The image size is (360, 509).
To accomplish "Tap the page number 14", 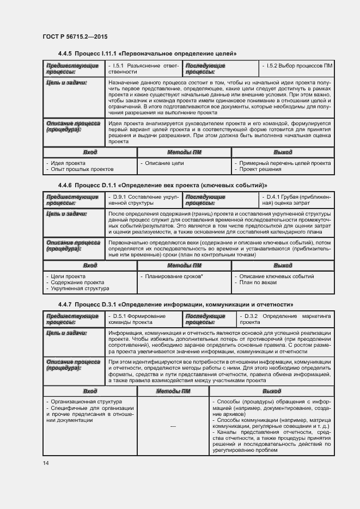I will pos(46,463).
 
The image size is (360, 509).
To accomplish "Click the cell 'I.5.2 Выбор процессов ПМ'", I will pos(297,66).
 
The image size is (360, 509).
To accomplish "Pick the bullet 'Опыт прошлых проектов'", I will pos(80,169).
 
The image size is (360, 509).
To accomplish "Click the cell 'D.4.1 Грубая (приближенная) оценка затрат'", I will pos(297,200).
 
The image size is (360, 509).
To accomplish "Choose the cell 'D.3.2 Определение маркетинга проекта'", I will pos(284,319).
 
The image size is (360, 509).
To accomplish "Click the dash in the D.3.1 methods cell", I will pos(173,426).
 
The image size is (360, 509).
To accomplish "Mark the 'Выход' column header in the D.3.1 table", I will pos(271,391).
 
